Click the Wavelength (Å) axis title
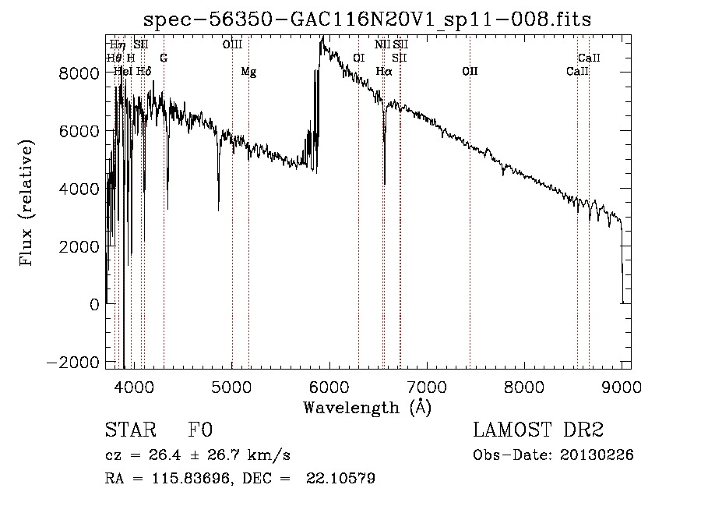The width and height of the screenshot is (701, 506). point(367,407)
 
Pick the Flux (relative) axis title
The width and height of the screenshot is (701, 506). point(27,203)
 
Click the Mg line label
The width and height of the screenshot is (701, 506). point(248,72)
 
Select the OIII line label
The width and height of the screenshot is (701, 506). point(232,45)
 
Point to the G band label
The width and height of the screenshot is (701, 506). point(164,58)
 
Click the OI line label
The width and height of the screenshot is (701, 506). point(358,58)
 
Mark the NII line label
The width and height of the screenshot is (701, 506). point(382,45)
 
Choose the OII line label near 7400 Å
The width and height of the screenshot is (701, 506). point(470,72)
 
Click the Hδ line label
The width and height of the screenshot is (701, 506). point(143,72)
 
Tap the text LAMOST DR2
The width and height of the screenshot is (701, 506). point(538,430)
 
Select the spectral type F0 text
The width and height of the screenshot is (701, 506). point(200,430)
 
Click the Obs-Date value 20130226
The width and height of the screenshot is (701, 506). point(599,455)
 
